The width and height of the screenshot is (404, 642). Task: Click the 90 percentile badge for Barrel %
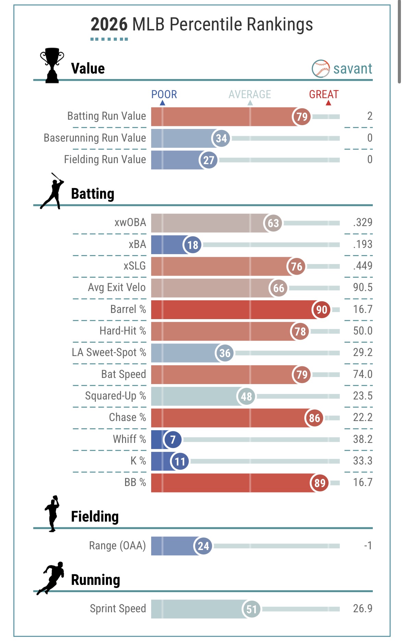pos(321,310)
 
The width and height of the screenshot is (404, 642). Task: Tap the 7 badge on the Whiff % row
pos(173,440)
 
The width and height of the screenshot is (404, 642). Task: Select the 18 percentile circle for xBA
pos(193,245)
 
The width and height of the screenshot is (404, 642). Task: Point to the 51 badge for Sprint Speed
pos(251,609)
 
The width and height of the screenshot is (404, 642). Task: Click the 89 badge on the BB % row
pos(320,483)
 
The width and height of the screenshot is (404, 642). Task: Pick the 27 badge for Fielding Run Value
pos(208,160)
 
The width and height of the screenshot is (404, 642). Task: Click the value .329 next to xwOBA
pos(363,223)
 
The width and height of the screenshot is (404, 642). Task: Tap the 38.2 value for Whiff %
pos(363,439)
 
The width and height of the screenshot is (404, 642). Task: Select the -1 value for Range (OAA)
pos(368,545)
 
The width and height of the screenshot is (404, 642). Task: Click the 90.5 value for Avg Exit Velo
pos(363,288)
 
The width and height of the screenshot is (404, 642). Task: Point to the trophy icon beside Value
pos(52,65)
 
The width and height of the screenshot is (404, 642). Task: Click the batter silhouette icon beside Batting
pos(52,191)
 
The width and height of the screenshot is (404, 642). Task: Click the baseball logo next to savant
pos(320,69)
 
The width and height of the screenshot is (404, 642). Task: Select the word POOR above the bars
pos(164,94)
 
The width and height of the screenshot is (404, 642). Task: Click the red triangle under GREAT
pos(328,103)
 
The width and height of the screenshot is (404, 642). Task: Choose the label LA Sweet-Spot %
pos(109,353)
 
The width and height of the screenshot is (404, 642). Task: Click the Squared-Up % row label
pos(115,396)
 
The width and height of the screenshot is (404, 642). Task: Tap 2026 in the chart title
pos(109,25)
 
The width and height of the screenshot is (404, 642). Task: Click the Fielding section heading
pos(95,516)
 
